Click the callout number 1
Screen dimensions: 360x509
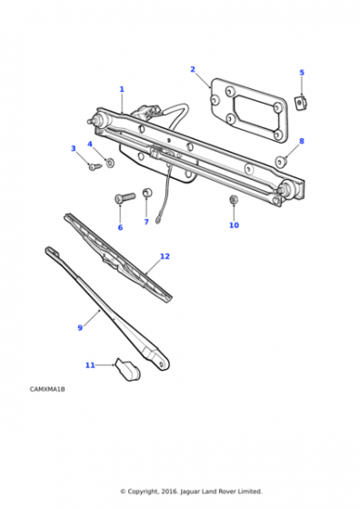[x=122, y=89]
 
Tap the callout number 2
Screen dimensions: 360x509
[x=193, y=69]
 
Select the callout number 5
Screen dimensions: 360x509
[x=302, y=73]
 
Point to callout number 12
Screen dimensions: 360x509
[x=165, y=256]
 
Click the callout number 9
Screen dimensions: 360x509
[x=80, y=328]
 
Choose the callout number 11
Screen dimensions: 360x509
[x=90, y=365]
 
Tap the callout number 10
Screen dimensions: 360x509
[x=234, y=225]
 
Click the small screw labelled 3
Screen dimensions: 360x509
[x=95, y=167]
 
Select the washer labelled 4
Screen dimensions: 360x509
[x=110, y=163]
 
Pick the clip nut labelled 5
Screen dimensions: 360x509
[x=301, y=103]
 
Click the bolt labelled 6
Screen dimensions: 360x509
[x=125, y=198]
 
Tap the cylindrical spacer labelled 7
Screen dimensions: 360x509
[x=147, y=193]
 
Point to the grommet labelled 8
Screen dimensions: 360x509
[x=281, y=162]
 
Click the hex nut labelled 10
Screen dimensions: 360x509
[x=234, y=200]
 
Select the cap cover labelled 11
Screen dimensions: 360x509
[x=128, y=369]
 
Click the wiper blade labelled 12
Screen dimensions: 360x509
[x=118, y=258]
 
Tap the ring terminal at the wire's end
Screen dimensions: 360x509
[x=159, y=220]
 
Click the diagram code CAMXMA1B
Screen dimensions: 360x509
[x=47, y=389]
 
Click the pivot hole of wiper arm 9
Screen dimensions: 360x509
[x=161, y=364]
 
